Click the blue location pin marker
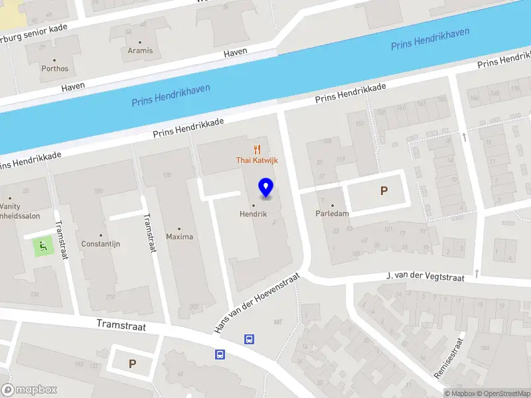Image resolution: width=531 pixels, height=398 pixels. click(266, 188)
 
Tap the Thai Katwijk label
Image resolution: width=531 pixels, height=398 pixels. click(257, 160)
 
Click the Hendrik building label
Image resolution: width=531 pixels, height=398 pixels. click(253, 214)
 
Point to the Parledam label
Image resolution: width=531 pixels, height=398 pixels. click(332, 214)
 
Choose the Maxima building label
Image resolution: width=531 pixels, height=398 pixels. click(179, 237)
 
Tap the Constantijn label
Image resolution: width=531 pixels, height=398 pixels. click(100, 243)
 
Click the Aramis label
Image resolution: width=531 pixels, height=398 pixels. click(140, 50)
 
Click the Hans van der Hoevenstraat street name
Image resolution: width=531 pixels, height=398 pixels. click(257, 304)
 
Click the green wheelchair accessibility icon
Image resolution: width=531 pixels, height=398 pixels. click(42, 247)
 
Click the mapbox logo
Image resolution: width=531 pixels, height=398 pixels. click(29, 390)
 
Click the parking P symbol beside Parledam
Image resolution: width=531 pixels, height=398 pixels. click(383, 191)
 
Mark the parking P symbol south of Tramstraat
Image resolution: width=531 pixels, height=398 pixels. click(132, 364)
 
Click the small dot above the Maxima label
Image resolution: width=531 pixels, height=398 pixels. click(179, 228)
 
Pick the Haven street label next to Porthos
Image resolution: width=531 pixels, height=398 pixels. click(73, 88)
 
